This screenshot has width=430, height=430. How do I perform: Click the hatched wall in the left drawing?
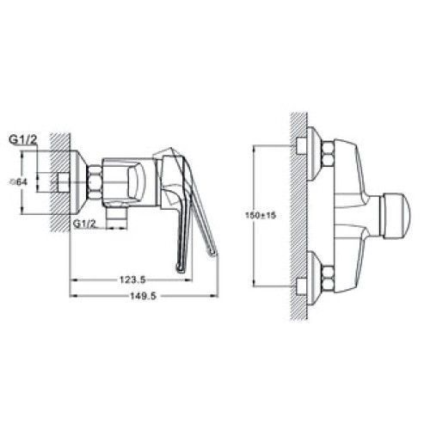58,181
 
